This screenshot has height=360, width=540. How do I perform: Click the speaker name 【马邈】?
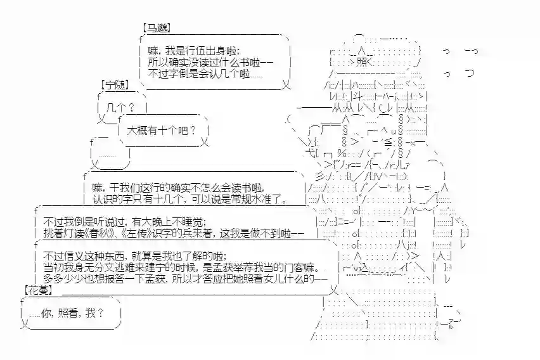pos(156,29)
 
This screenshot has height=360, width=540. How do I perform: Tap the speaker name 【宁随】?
pos(115,84)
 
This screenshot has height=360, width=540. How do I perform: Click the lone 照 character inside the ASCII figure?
pos(362,61)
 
